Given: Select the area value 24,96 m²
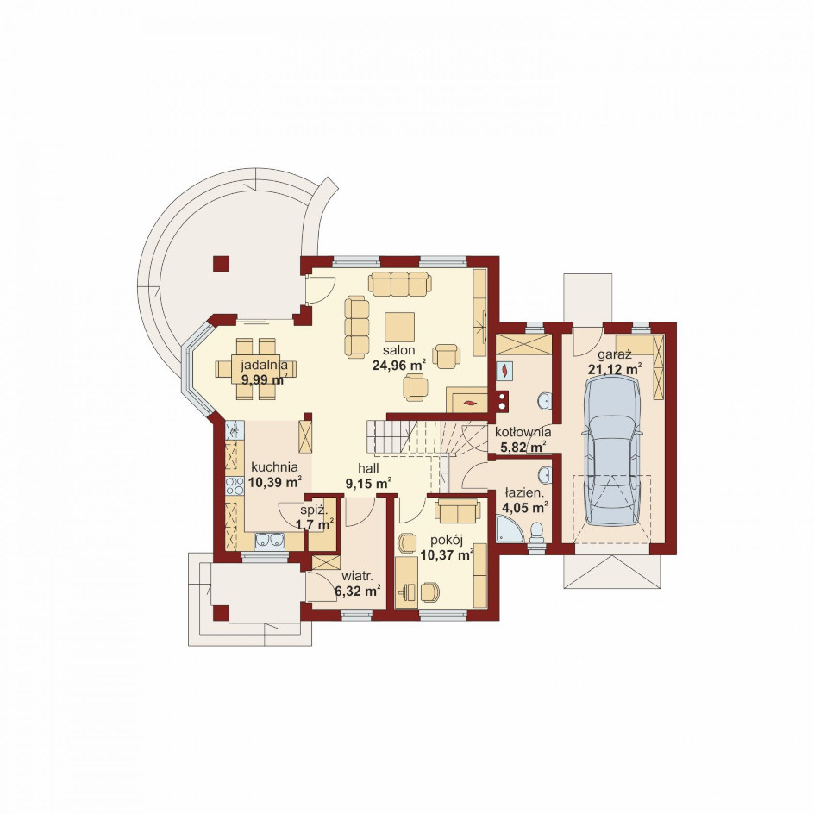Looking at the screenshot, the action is (398, 365).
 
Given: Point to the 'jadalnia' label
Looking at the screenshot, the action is (264, 365).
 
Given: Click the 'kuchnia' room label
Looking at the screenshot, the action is (274, 466).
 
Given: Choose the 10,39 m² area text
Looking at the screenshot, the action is (275, 482).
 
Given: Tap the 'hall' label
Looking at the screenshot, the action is (368, 468).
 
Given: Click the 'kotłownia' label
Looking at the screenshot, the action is (523, 432).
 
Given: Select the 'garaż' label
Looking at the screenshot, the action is (614, 355).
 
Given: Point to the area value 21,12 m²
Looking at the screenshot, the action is (614, 370).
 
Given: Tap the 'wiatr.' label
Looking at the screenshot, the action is (358, 576).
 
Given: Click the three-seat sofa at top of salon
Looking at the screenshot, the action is (400, 284).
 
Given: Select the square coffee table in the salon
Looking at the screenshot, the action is (399, 327).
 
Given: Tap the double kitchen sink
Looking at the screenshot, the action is (269, 541).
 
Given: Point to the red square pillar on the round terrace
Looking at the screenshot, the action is (221, 263).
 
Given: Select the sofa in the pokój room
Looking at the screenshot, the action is (457, 510).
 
